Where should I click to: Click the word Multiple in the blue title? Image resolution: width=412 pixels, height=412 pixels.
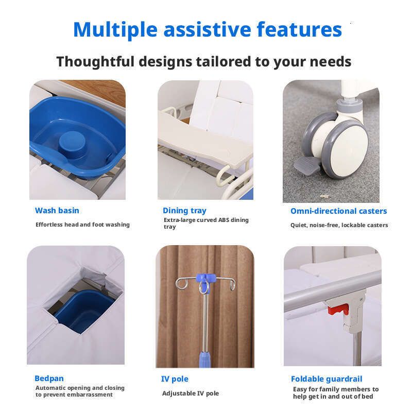[115, 30]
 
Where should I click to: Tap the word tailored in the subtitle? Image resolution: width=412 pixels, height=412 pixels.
[224, 62]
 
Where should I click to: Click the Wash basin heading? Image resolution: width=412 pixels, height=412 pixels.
[57, 211]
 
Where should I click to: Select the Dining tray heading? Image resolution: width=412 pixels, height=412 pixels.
[184, 211]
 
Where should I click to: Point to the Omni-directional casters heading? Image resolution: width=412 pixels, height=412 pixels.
[339, 211]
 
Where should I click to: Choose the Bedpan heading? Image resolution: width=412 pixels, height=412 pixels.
[49, 379]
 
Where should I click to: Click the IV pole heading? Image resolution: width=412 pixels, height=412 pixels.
[175, 379]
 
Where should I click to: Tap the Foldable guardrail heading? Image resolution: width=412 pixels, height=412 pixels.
[327, 379]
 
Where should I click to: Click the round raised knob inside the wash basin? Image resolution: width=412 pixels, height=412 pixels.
[72, 143]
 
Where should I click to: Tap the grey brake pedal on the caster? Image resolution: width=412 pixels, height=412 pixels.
[306, 165]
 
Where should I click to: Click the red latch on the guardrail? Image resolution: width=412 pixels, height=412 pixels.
[338, 309]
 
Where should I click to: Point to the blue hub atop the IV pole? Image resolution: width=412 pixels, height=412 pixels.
[206, 279]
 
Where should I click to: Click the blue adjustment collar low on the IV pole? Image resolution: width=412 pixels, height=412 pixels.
[204, 359]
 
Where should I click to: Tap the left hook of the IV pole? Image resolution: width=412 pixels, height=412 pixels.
[181, 284]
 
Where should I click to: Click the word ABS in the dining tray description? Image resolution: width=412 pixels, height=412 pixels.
[224, 220]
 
